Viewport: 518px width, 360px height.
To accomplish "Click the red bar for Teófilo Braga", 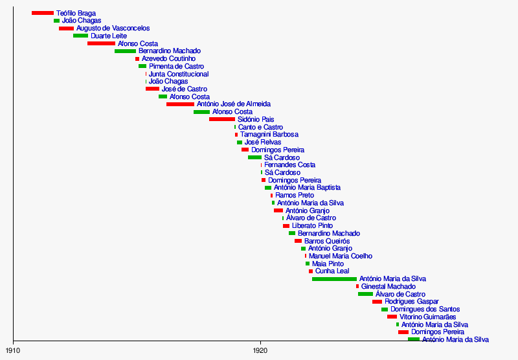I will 43,13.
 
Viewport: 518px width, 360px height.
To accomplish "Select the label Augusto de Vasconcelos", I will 113,28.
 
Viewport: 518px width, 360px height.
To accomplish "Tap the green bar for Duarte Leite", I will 80,36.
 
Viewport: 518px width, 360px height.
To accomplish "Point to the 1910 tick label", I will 13,350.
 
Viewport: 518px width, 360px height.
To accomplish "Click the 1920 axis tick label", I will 260,350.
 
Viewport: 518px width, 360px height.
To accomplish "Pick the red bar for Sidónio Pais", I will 222,119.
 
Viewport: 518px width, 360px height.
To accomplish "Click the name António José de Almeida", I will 233,104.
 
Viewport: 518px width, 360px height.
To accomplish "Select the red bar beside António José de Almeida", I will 180,104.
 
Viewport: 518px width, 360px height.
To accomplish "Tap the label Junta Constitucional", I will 179,74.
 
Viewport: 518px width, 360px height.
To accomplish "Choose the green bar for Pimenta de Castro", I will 142,66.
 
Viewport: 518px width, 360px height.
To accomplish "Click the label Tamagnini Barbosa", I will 269,135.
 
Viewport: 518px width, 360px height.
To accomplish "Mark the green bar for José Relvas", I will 240,142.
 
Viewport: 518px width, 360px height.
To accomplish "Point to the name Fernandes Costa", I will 289,165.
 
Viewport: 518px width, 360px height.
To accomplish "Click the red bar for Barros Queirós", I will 298,241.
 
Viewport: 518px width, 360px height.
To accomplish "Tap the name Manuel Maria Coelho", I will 341,256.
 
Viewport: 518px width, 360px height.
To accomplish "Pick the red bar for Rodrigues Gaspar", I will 377,302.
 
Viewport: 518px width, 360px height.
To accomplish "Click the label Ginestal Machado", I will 388,286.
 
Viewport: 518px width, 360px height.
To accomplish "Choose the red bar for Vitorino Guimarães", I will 392,317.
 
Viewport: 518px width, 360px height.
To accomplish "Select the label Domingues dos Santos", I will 425,309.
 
